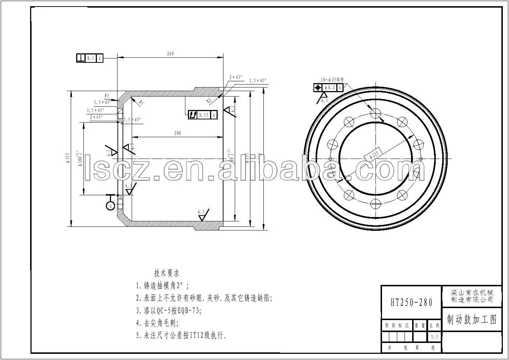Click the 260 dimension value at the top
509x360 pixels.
click(170, 54)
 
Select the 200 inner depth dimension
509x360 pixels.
click(177, 133)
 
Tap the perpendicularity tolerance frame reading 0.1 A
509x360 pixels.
click(90, 58)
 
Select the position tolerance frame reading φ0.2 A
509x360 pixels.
click(328, 87)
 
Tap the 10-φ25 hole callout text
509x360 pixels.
click(332, 79)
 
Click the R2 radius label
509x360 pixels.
click(209, 100)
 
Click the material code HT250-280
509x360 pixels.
click(411, 302)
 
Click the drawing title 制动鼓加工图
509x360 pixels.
click(471, 320)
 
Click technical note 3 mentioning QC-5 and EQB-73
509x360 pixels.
click(168, 311)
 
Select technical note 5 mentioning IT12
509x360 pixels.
click(182, 336)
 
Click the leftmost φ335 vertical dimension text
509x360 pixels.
click(67, 159)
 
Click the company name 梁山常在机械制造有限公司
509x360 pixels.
click(472, 296)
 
